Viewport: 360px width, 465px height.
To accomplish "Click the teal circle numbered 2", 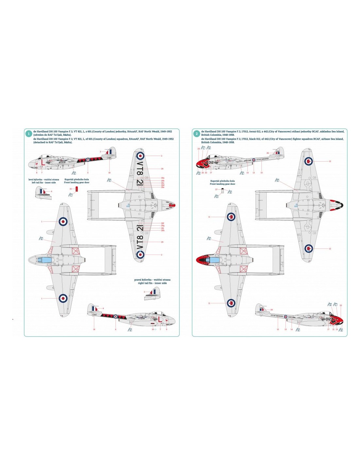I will click(197, 134).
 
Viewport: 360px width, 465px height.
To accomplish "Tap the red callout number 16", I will click(70, 189).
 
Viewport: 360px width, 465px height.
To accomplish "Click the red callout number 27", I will click(216, 189).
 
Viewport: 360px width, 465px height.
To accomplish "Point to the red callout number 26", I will click(267, 153).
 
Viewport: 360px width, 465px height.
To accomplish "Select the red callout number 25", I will click(272, 310).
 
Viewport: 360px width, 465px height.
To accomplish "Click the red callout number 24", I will click(199, 149).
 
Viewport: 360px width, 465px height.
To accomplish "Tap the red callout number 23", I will click(341, 305).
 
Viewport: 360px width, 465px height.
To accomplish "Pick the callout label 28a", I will click(163, 178).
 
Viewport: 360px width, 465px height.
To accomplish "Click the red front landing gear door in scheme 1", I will click(77, 189).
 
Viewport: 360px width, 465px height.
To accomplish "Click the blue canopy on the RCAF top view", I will click(213, 260).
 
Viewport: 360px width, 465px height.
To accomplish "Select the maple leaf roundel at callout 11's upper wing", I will click(231, 216).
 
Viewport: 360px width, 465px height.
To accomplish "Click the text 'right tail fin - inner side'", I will click(152, 283).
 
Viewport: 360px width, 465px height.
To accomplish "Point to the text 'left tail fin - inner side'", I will click(44, 182).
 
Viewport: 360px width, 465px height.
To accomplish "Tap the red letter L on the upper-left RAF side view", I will click(42, 162).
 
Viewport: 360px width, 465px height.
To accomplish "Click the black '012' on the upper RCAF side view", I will click(210, 163).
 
